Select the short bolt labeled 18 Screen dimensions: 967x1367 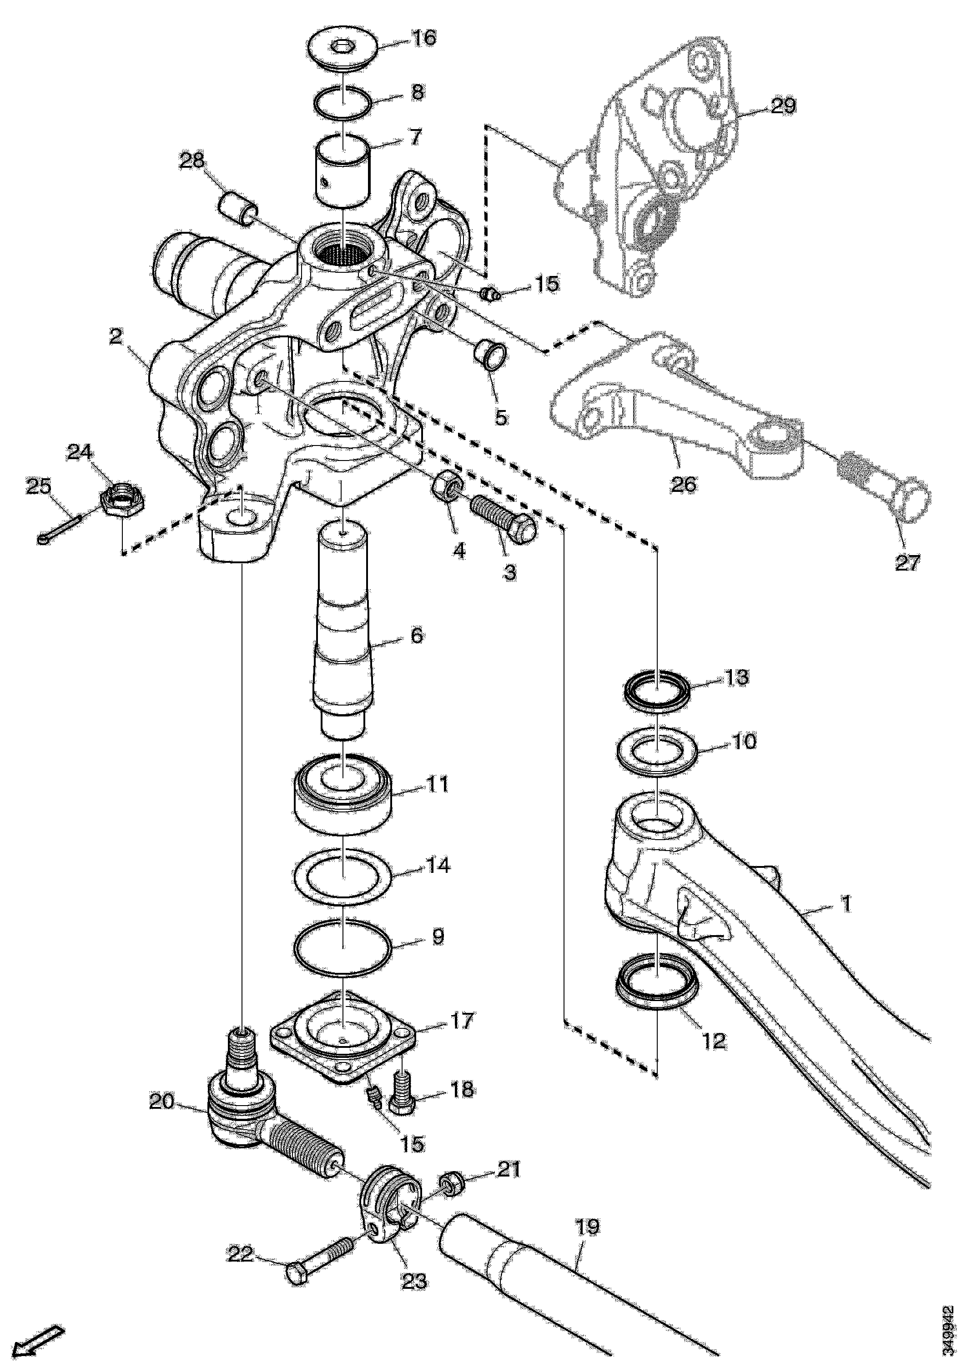(x=402, y=1094)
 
